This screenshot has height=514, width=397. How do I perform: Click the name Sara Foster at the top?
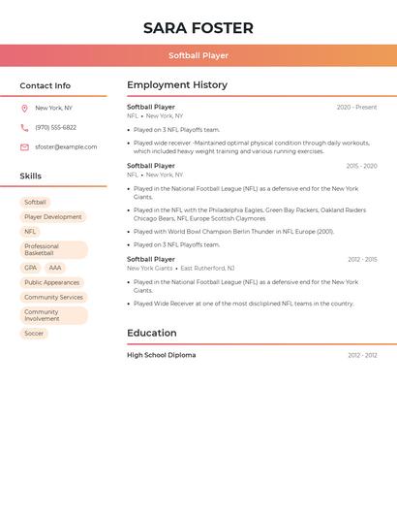click(198, 28)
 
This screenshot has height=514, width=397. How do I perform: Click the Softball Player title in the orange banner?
click(198, 56)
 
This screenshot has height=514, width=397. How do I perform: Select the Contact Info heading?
click(46, 85)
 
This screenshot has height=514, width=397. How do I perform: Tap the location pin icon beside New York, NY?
click(24, 109)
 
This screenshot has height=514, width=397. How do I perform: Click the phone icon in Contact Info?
click(24, 128)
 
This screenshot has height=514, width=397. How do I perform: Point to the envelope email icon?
click(24, 147)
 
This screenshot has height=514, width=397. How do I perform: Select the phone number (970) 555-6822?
click(55, 128)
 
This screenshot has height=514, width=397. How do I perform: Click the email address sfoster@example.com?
click(66, 147)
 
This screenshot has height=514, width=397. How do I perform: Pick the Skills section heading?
click(31, 177)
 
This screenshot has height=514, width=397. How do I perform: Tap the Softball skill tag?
click(35, 203)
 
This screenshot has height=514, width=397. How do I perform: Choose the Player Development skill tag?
click(53, 217)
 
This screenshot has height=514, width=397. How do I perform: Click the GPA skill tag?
click(31, 268)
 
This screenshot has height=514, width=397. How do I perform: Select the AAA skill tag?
click(55, 268)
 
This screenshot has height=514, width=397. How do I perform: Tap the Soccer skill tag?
click(34, 334)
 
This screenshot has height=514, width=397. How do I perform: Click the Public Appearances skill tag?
click(52, 282)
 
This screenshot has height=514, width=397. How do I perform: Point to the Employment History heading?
click(177, 85)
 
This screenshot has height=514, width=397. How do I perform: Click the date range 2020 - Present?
click(356, 108)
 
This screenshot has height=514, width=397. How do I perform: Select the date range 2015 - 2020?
click(361, 166)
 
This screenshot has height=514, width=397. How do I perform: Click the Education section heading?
click(151, 334)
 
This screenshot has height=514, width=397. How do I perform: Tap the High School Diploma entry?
click(161, 356)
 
